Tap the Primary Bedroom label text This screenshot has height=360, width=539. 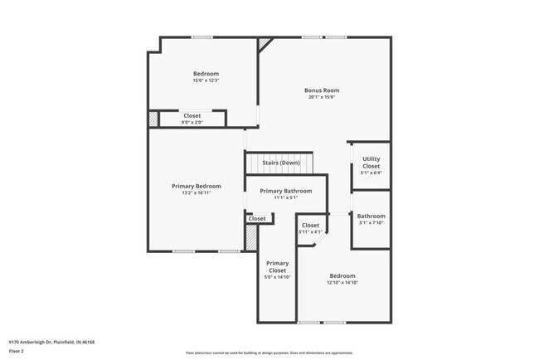[197, 186]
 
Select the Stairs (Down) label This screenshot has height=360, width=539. [281, 163]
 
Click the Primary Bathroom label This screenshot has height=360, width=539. [285, 191]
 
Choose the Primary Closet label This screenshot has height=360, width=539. [277, 266]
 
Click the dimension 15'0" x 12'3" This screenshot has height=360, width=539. [206, 80]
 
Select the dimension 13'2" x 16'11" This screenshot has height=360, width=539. [197, 193]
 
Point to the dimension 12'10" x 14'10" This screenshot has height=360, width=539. [342, 283]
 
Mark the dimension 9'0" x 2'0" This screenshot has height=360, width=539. [192, 123]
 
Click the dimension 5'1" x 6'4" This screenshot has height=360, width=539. [371, 173]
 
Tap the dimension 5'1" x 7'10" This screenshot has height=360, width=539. [371, 223]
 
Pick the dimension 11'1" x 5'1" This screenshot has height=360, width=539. [285, 198]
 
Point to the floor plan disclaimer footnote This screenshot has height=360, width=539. [269, 353]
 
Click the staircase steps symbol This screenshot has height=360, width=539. [281, 168]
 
